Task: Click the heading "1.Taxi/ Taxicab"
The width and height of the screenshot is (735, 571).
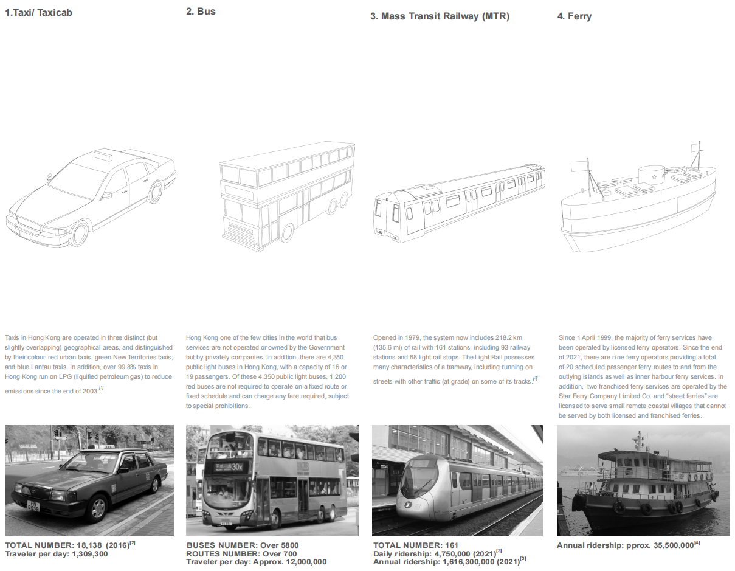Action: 38,12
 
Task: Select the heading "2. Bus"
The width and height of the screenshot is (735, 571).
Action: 201,12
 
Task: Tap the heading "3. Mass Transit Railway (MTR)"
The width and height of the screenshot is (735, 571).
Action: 440,16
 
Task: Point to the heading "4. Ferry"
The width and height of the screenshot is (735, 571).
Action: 574,16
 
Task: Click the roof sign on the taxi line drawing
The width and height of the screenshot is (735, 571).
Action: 103,156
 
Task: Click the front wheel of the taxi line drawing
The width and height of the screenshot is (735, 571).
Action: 78,234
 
